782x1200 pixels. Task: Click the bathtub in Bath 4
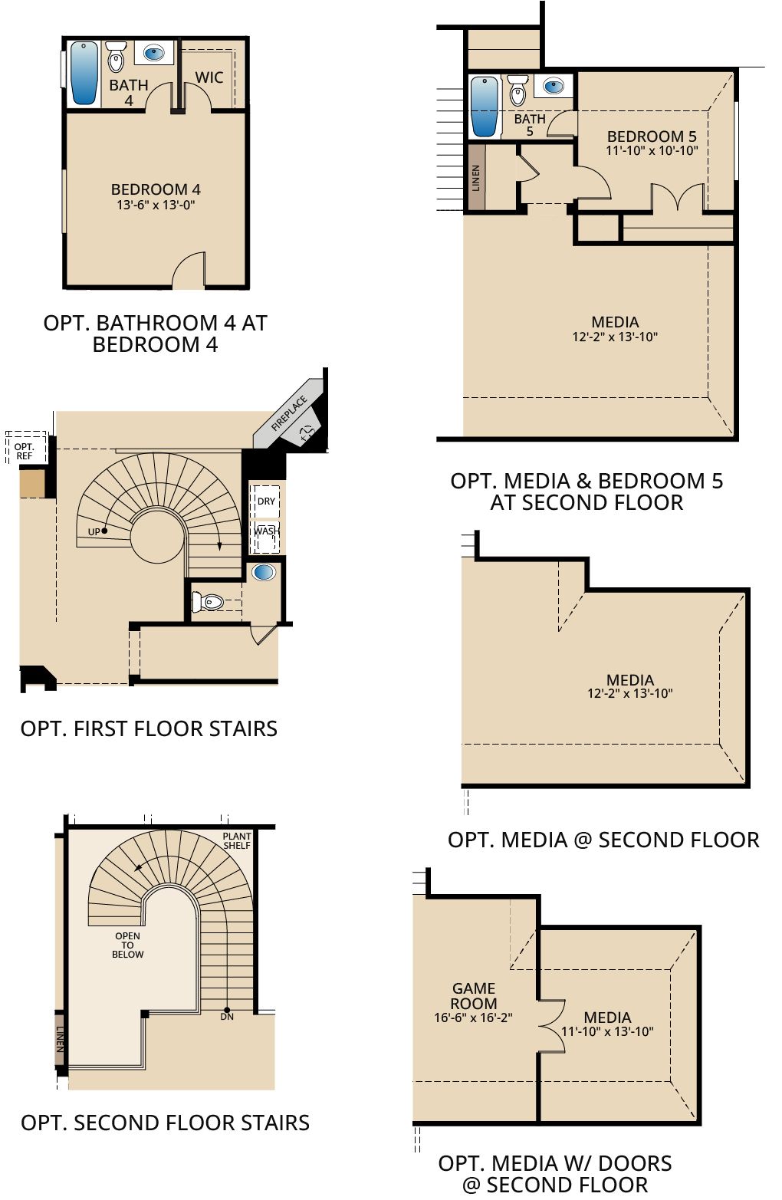84,73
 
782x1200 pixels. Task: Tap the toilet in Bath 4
115,57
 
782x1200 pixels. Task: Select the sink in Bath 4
154,53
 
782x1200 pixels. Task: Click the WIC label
209,77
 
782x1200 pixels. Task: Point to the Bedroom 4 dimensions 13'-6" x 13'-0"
156,205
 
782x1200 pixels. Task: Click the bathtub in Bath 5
485,107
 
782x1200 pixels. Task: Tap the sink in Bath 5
553,86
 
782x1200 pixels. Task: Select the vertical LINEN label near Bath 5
476,178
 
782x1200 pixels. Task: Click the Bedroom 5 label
652,136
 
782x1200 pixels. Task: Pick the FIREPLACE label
289,413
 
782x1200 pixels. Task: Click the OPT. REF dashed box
26,448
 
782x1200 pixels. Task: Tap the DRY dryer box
266,501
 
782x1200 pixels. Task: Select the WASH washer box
266,537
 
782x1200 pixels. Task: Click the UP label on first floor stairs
94,532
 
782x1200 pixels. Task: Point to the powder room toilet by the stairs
207,602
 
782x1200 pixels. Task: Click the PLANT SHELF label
237,841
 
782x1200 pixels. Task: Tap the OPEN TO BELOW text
127,945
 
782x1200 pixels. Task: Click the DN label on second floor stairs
227,1017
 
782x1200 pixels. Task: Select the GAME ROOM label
474,996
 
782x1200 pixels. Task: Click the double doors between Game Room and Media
552,1026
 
